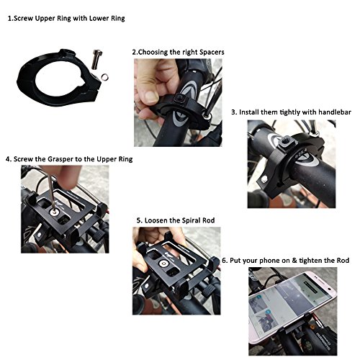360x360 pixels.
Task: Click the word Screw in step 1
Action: [32, 17]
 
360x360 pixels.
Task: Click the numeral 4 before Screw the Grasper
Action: [6, 158]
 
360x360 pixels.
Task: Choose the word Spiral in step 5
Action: [200, 220]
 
